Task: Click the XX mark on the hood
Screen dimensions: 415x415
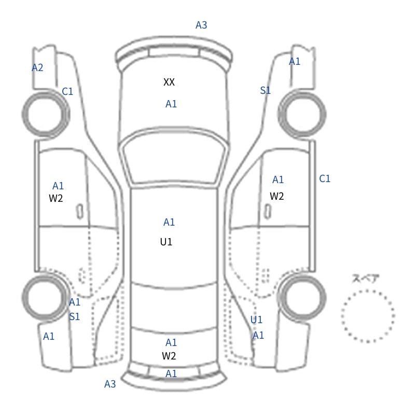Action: pyautogui.click(x=169, y=82)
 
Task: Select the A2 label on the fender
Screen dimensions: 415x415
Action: pyautogui.click(x=37, y=68)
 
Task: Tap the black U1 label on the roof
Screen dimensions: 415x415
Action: pyautogui.click(x=166, y=242)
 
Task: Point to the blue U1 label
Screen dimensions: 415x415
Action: pyautogui.click(x=256, y=320)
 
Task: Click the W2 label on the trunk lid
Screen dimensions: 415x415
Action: pyautogui.click(x=169, y=356)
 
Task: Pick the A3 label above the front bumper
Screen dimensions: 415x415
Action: pyautogui.click(x=201, y=25)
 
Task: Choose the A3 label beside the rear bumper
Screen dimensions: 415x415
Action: pyautogui.click(x=110, y=384)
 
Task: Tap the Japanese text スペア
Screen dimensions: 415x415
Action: pyautogui.click(x=362, y=279)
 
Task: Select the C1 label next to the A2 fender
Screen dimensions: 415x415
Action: pyautogui.click(x=67, y=92)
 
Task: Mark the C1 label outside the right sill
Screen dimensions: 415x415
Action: pyautogui.click(x=325, y=178)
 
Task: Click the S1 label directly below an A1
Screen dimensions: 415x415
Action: pyautogui.click(x=74, y=316)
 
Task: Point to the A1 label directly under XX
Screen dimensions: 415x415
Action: pyautogui.click(x=171, y=104)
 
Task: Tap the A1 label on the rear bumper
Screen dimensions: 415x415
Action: pyautogui.click(x=171, y=374)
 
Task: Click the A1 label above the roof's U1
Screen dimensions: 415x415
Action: pyautogui.click(x=169, y=222)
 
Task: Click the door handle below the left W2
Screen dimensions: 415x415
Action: pyautogui.click(x=80, y=212)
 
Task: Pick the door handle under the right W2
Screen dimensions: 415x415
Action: pyautogui.click(x=268, y=212)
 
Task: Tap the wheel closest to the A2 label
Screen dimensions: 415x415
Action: pyautogui.click(x=46, y=114)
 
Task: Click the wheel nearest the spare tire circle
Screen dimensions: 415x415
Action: pyautogui.click(x=302, y=297)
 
